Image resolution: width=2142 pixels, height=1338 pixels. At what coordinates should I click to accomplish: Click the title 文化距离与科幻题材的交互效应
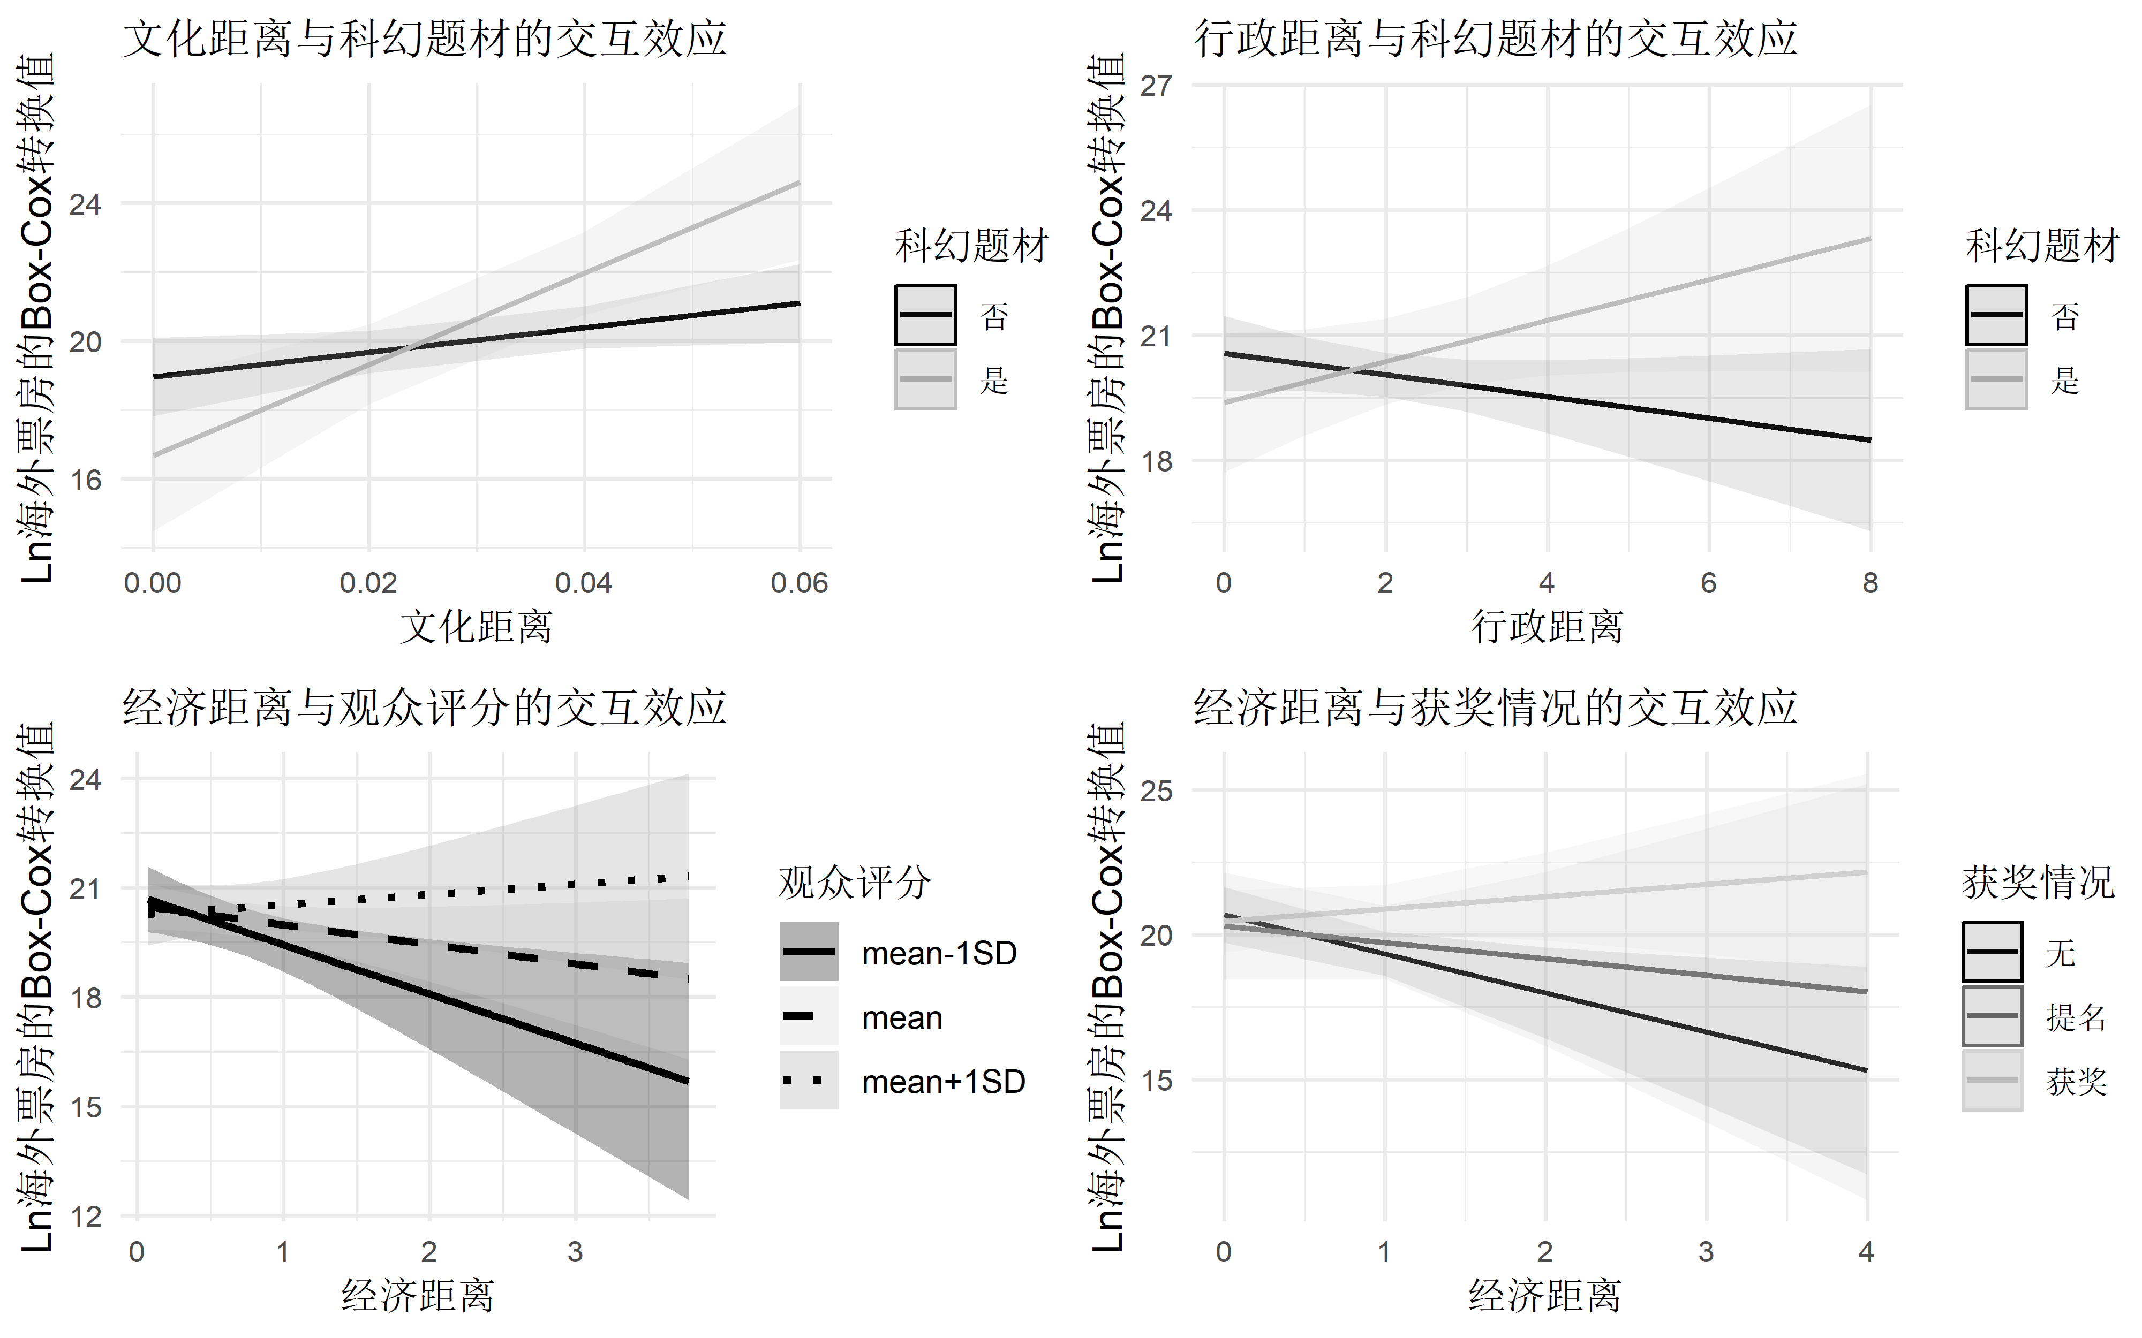click(x=424, y=40)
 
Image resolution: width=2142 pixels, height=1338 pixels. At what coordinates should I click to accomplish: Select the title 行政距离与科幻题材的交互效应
click(x=1495, y=40)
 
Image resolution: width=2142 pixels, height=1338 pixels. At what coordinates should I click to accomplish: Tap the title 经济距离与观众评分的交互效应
click(x=424, y=708)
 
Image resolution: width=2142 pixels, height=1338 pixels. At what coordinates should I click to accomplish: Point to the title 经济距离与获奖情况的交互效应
click(x=1495, y=708)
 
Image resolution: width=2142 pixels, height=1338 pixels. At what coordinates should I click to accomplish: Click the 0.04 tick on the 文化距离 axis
click(x=583, y=583)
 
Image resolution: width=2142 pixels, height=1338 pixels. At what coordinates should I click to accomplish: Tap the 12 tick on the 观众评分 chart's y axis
click(x=86, y=1217)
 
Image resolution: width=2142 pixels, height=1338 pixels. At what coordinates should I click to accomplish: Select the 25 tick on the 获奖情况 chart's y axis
click(x=1156, y=790)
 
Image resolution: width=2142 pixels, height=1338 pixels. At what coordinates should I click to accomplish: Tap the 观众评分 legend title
click(x=854, y=883)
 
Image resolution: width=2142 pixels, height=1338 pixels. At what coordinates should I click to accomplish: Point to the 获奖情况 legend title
click(x=2038, y=883)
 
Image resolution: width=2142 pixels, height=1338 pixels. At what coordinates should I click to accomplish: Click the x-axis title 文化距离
click(x=476, y=627)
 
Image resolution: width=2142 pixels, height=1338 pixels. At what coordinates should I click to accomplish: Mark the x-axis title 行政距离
click(x=1547, y=627)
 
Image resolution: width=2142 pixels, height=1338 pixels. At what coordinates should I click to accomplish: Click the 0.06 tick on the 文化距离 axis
click(x=800, y=583)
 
